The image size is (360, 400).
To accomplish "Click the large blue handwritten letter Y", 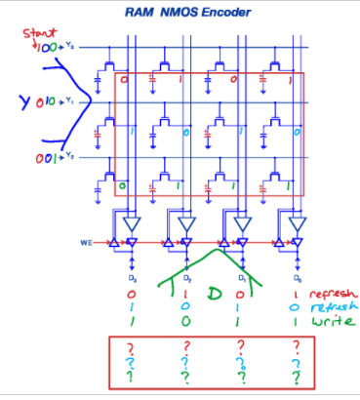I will (17, 100).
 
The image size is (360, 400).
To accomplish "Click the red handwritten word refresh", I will (331, 292).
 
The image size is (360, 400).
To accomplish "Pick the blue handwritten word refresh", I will (331, 306).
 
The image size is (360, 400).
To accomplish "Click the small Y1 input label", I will (69, 100).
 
